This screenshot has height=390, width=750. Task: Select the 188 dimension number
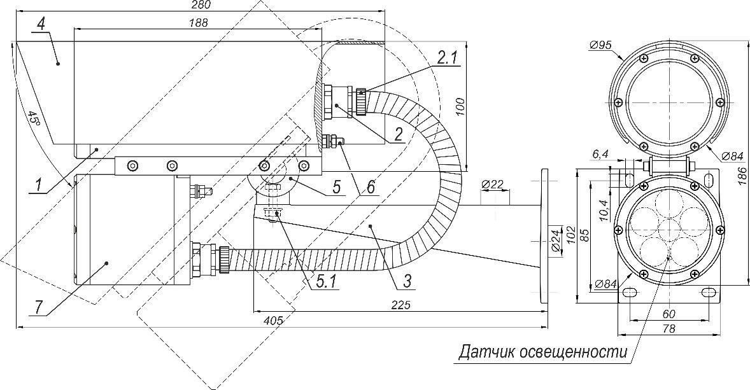coord(198,22)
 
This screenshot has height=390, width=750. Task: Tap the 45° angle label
coord(34,118)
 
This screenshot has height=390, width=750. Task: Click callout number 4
coord(41,24)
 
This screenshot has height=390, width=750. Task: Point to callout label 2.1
coord(446,58)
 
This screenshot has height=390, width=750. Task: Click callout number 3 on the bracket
coord(407,281)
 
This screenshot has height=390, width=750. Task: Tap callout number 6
coord(371,186)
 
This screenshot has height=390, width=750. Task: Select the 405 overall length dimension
coord(274,320)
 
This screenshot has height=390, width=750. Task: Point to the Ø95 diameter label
coord(601,45)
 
